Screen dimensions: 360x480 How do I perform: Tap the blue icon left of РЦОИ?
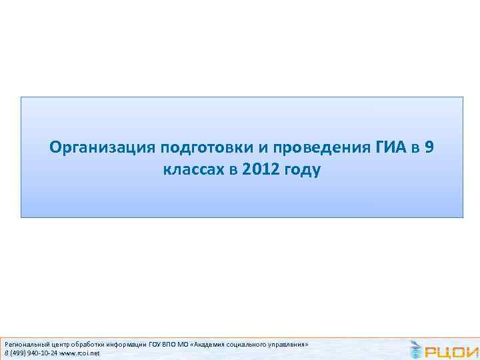coord(416,349)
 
